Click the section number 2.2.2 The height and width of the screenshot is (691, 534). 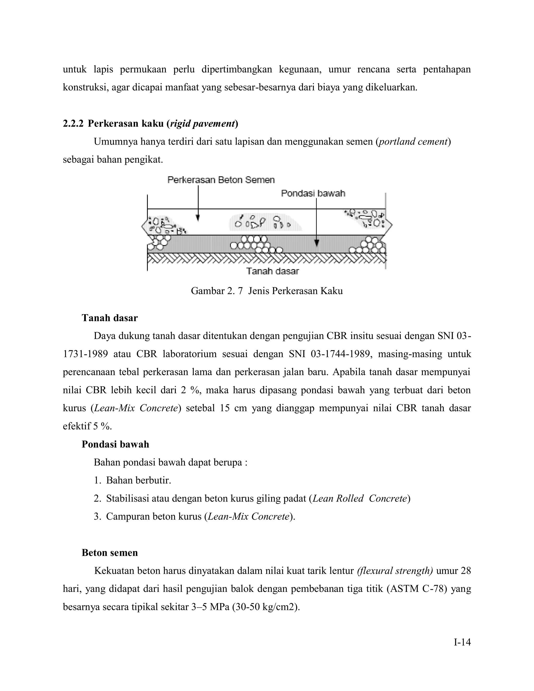pyautogui.click(x=73, y=123)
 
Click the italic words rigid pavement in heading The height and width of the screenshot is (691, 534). pyautogui.click(x=202, y=123)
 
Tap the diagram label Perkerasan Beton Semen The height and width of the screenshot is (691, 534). pyautogui.click(x=221, y=180)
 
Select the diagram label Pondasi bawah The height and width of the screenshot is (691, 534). pyautogui.click(x=313, y=193)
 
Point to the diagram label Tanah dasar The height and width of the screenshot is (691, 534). pyautogui.click(x=272, y=271)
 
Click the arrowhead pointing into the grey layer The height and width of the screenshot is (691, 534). pyautogui.click(x=317, y=243)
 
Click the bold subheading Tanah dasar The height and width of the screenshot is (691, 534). pyautogui.click(x=110, y=318)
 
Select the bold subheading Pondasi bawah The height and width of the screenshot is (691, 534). pyautogui.click(x=115, y=444)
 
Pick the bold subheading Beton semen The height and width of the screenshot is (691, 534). pyautogui.click(x=110, y=553)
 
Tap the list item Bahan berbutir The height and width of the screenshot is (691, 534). pyautogui.click(x=138, y=480)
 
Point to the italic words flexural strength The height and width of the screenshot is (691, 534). pyautogui.click(x=395, y=571)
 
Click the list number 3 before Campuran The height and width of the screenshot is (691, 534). pyautogui.click(x=97, y=516)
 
